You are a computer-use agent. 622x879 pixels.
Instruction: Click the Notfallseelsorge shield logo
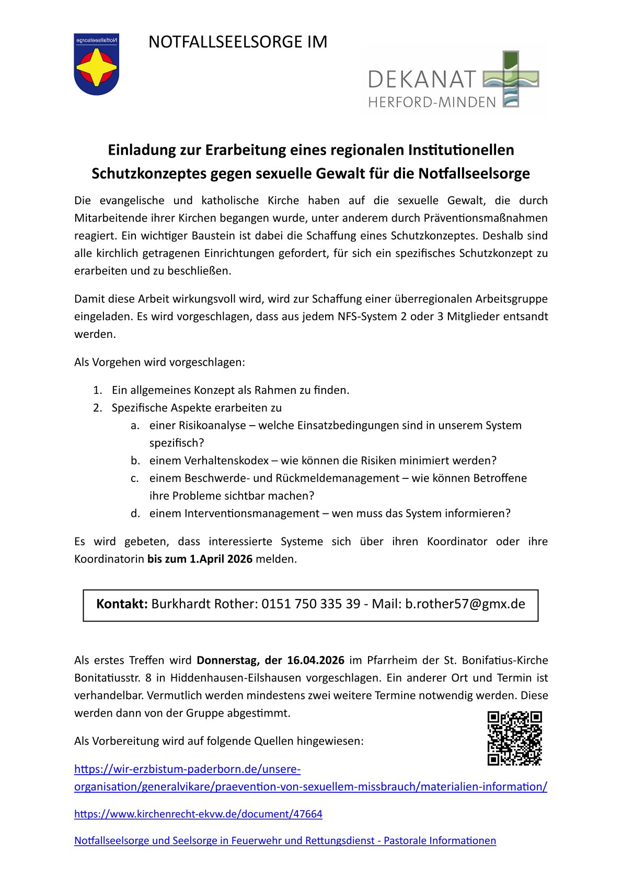click(x=96, y=64)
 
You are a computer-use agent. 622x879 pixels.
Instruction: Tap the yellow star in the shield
click(x=96, y=67)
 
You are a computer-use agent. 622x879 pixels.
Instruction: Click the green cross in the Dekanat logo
click(x=510, y=78)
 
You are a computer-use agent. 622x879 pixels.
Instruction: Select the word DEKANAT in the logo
click(x=422, y=80)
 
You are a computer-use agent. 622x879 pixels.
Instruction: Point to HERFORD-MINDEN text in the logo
click(x=432, y=102)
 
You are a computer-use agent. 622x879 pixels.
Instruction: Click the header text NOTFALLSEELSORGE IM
click(x=238, y=42)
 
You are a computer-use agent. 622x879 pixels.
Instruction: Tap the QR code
click(x=514, y=738)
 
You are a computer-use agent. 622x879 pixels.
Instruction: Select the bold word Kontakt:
click(x=122, y=604)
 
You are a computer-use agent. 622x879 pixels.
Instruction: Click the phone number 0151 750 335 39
click(x=310, y=604)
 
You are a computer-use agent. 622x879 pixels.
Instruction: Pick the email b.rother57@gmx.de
click(x=465, y=604)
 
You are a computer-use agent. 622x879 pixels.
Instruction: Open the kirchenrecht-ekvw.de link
click(x=198, y=814)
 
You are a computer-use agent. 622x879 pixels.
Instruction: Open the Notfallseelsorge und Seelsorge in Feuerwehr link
click(x=285, y=840)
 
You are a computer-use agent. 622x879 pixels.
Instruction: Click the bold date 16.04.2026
click(x=315, y=660)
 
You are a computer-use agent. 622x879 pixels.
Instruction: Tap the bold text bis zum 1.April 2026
click(x=200, y=559)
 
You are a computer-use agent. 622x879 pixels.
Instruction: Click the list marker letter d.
click(x=135, y=513)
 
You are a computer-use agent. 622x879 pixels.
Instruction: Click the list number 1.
click(x=97, y=390)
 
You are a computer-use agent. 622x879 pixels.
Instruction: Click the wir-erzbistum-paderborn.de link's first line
click(x=187, y=769)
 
